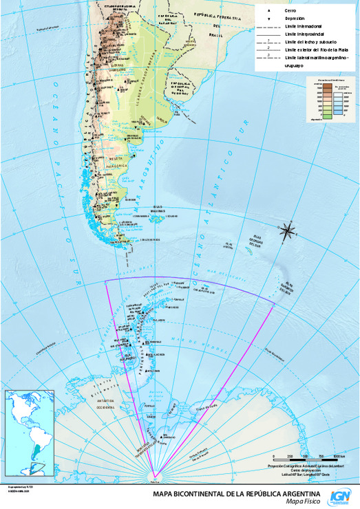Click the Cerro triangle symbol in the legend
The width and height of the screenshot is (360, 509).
[267, 11]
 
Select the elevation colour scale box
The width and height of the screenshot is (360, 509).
[328, 99]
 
